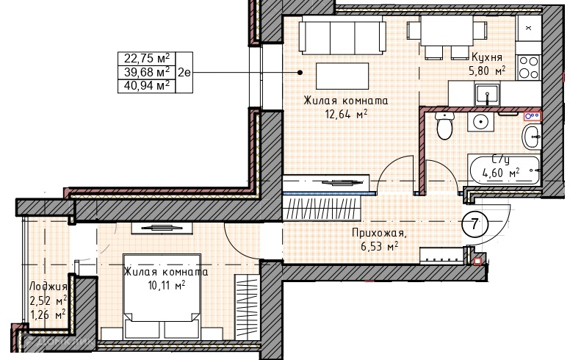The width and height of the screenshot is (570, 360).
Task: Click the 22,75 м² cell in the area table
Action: (x=147, y=58)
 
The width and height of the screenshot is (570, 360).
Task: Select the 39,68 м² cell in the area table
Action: (x=147, y=72)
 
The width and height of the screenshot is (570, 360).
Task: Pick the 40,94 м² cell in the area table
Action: (x=147, y=86)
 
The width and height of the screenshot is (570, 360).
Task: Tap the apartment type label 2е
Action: (x=184, y=72)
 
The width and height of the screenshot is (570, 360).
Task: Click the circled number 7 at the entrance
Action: (x=475, y=223)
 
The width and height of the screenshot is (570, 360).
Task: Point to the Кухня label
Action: (x=487, y=57)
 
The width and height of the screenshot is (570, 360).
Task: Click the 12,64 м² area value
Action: (x=346, y=114)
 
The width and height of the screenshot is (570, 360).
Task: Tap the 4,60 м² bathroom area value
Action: (x=500, y=173)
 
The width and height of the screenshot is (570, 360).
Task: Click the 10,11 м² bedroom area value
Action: (x=167, y=285)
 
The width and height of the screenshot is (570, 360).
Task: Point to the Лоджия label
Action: (x=48, y=287)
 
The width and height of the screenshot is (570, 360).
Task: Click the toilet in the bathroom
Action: (x=444, y=126)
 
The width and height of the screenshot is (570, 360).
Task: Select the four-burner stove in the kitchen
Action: (x=529, y=68)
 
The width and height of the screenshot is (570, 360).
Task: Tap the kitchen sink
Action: (x=487, y=94)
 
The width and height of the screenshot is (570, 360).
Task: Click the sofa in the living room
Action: (x=342, y=36)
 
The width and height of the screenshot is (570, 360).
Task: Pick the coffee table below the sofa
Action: (x=342, y=76)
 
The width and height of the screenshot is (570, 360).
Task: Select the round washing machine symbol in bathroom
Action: (x=480, y=122)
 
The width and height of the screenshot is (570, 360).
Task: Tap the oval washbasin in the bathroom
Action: (x=532, y=137)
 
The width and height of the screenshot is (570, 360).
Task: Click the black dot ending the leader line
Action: (x=300, y=72)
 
